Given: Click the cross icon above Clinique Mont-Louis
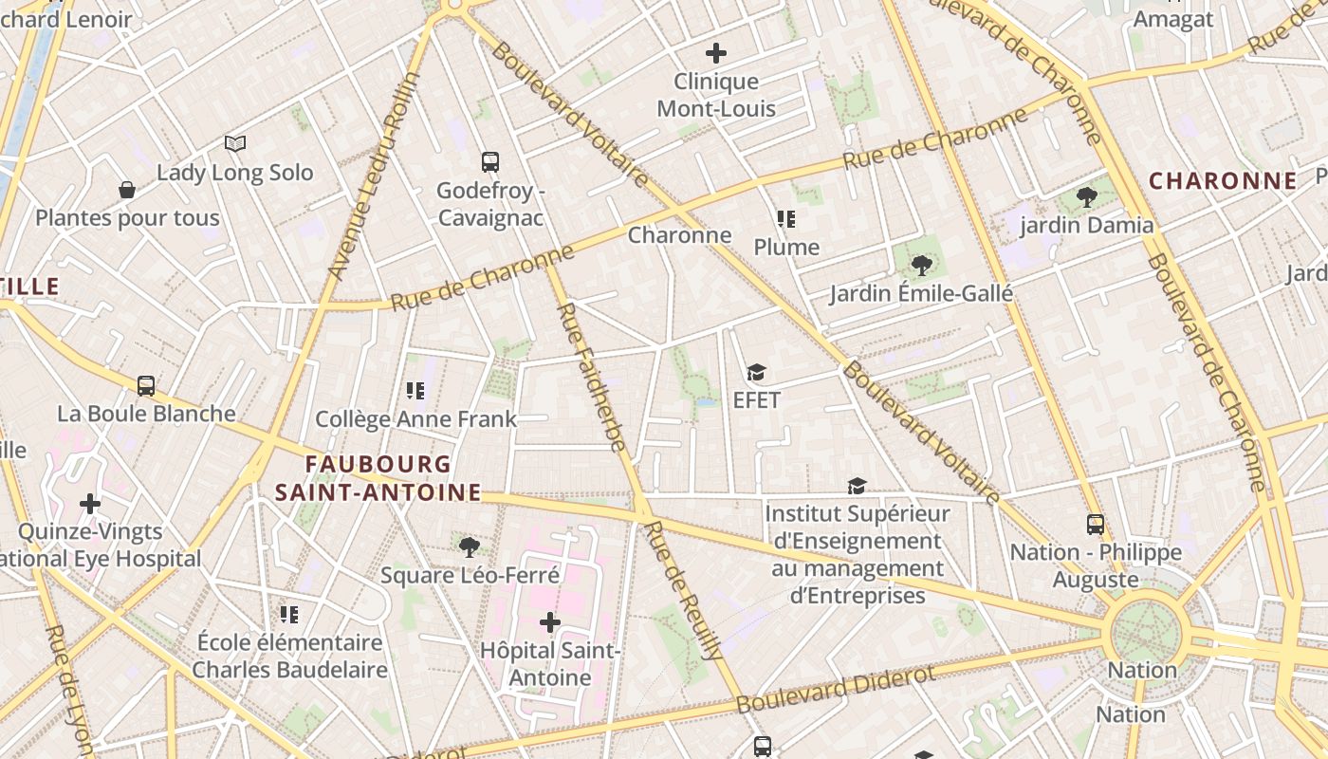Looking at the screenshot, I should click(716, 53).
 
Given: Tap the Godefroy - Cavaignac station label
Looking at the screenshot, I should click(489, 204).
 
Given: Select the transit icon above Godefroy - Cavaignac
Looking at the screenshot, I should click(489, 162).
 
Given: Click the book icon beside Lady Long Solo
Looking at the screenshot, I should click(235, 143).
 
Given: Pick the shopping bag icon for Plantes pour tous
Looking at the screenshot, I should click(127, 191).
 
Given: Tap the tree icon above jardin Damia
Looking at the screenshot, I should click(1087, 197).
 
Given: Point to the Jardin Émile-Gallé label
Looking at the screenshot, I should click(921, 293).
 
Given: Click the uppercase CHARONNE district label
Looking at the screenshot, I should click(1223, 180).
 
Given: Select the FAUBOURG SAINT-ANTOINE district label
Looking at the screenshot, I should click(378, 478).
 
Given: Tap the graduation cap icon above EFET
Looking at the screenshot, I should click(756, 372).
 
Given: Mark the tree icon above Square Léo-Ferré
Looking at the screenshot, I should click(469, 546).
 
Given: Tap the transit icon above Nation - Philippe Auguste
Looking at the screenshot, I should click(1096, 525).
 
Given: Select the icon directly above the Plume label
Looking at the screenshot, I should click(785, 219).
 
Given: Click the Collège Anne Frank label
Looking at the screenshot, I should click(416, 418).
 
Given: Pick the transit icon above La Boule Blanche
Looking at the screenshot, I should click(146, 386).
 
